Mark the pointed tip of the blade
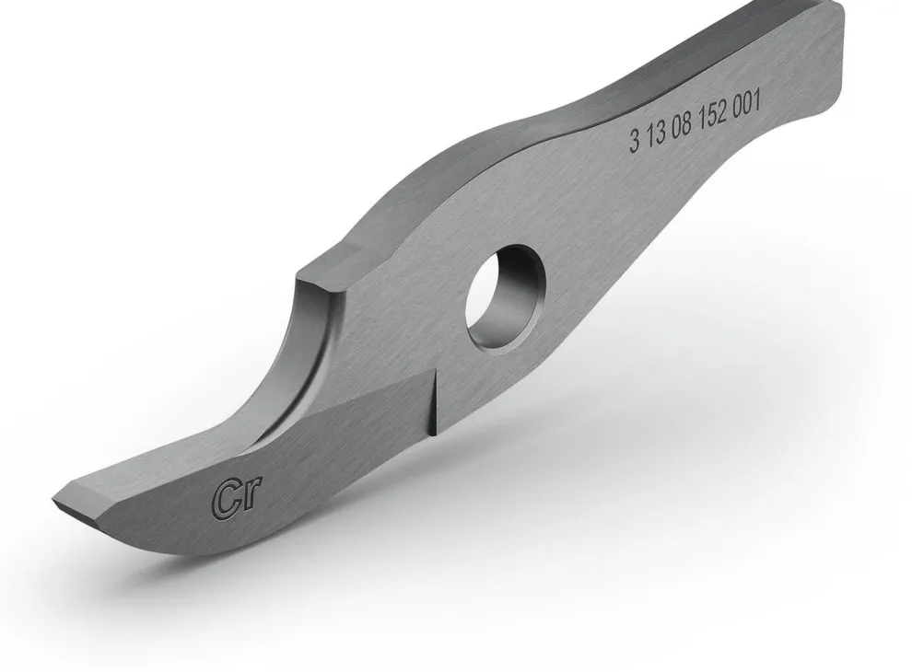pos(55,502)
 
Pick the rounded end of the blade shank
pos(838,55)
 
